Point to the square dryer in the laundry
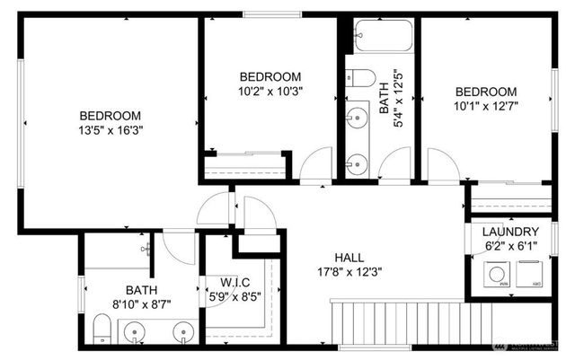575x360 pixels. (x=535, y=272)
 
